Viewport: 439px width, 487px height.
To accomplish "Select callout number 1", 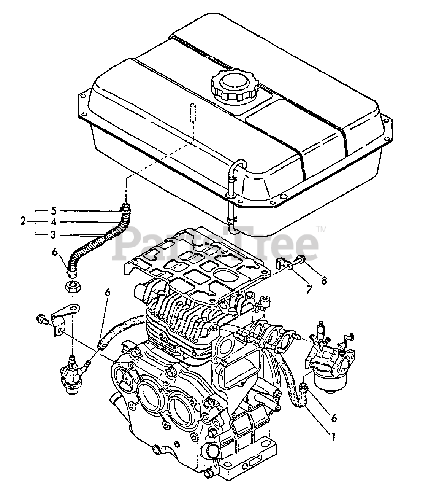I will pos(333,437).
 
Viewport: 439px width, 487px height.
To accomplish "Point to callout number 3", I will pos(54,235).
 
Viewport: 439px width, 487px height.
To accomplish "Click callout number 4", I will pos(54,222).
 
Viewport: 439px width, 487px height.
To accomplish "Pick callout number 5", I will pos(54,210).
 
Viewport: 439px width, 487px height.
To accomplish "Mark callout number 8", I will pos(323,281).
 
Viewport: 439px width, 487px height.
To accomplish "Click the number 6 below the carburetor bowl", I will pos(334,417).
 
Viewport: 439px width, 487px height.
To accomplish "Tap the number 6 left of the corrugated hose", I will pos(55,251).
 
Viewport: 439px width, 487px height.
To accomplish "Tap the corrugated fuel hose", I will pos(95,243).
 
